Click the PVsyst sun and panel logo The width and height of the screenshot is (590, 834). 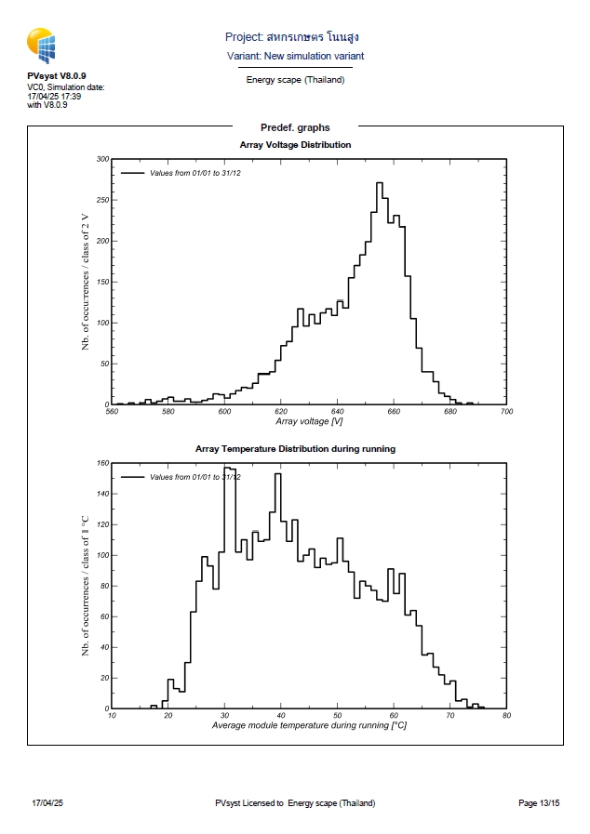coord(42,45)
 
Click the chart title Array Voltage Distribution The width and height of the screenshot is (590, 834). coord(295,145)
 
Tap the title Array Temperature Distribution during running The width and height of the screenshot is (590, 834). coord(295,448)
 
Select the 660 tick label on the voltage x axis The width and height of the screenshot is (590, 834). coord(394,411)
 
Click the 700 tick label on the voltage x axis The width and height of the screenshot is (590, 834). coord(506,411)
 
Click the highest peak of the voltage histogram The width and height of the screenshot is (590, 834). coord(380,183)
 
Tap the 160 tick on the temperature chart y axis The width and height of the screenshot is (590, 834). coord(102,462)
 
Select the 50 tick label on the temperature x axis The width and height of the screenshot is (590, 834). coord(337,715)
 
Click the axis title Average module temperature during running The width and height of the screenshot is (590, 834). coord(309,724)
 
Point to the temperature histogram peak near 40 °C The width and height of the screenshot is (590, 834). coord(277,474)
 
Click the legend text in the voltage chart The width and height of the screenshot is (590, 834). coord(194,173)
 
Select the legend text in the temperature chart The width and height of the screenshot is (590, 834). coord(194,476)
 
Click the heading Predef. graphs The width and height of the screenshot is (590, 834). coord(295,127)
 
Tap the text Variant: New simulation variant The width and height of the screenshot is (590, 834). coord(295,56)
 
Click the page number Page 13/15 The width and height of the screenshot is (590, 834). coord(539,802)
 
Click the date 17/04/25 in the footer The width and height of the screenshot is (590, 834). coord(47,802)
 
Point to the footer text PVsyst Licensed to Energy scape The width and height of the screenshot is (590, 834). coord(295,802)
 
